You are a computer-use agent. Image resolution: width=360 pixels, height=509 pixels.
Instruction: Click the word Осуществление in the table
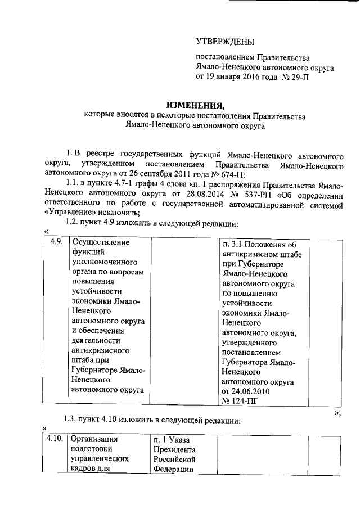98,243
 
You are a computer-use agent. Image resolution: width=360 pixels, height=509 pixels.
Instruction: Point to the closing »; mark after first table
337,413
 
